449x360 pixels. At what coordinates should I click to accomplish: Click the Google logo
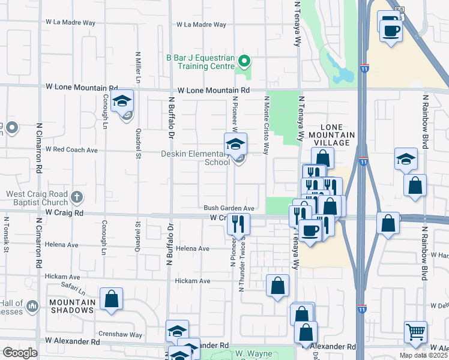point(19,353)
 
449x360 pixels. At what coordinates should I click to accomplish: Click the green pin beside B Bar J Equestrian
point(244,61)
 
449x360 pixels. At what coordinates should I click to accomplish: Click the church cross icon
point(76,196)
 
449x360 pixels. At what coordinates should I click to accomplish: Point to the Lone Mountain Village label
point(334,135)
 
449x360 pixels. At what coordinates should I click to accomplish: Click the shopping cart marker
point(415,331)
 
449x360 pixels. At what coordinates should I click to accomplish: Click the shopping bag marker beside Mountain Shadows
point(111,298)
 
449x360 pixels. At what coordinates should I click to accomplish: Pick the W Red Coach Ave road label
point(71,149)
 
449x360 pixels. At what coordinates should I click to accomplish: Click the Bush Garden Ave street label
point(229,208)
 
